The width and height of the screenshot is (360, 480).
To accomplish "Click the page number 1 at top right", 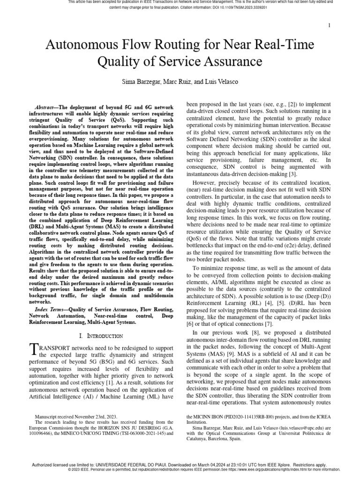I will [330, 25].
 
